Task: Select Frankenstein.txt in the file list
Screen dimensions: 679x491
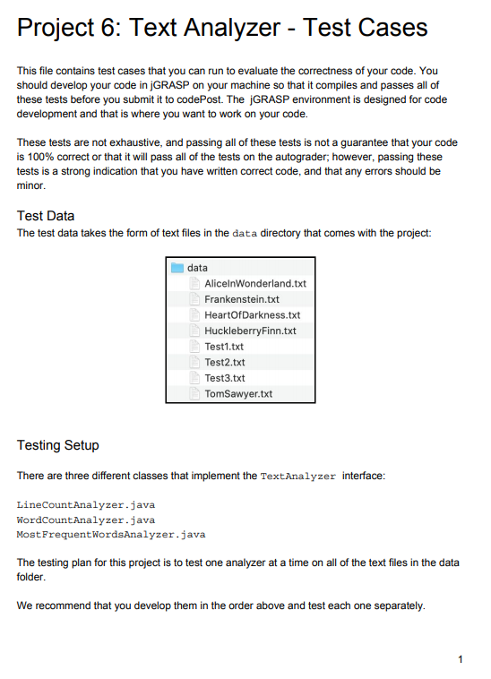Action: click(x=242, y=299)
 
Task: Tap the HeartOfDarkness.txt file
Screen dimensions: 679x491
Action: click(x=252, y=315)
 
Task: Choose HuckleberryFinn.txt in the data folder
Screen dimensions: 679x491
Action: click(x=250, y=331)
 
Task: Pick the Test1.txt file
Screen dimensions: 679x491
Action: click(x=224, y=347)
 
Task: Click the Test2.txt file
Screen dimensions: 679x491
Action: click(x=224, y=362)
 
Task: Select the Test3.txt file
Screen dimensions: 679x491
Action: click(x=224, y=378)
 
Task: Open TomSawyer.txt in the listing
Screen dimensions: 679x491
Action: click(x=238, y=394)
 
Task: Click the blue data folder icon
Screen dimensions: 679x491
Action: click(x=177, y=268)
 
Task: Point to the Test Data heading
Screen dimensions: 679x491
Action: click(x=46, y=216)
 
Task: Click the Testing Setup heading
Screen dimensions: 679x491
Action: click(x=58, y=445)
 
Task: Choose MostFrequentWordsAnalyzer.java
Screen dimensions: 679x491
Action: click(x=111, y=534)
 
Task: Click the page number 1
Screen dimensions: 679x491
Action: click(x=460, y=660)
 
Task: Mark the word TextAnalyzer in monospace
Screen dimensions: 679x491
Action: click(x=298, y=477)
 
